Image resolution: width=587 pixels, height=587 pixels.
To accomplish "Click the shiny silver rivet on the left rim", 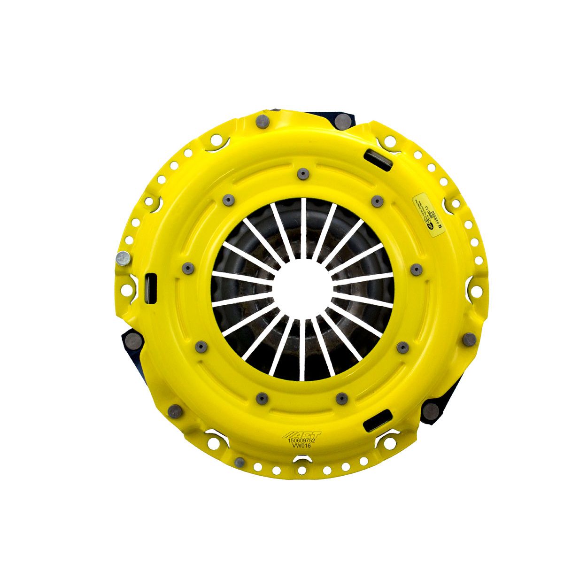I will tap(123, 258).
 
